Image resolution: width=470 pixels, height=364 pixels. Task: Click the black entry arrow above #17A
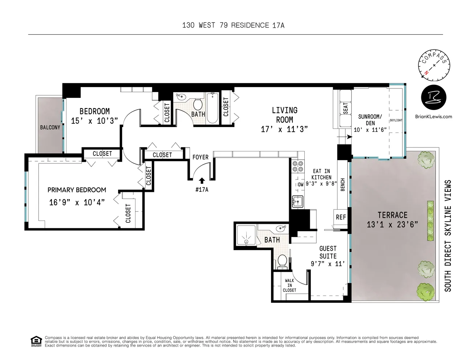202,181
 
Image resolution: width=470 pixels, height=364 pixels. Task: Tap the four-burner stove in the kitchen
297,166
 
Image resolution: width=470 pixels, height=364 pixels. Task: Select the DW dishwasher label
301,185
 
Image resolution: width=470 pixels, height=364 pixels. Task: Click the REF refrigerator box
341,217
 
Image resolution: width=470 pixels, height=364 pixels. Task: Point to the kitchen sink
297,202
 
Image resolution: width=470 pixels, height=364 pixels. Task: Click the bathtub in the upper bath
212,108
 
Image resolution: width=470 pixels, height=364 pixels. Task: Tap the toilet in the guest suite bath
282,262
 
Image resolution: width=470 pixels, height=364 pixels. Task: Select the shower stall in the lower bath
246,235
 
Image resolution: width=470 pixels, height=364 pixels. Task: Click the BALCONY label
50,127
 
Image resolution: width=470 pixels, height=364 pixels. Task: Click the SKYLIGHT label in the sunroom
396,120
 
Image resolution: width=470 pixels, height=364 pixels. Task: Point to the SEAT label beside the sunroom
345,108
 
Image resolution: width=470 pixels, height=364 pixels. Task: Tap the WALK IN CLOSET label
289,285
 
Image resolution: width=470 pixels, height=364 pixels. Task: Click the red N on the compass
426,72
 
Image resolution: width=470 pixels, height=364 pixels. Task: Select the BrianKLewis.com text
433,116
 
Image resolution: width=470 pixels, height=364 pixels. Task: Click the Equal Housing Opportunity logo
36,341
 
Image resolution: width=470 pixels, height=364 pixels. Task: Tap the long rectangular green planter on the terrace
430,221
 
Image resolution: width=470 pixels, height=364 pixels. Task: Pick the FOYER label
200,157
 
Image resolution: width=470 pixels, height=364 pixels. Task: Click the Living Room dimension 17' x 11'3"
284,129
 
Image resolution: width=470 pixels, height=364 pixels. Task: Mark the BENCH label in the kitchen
343,185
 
